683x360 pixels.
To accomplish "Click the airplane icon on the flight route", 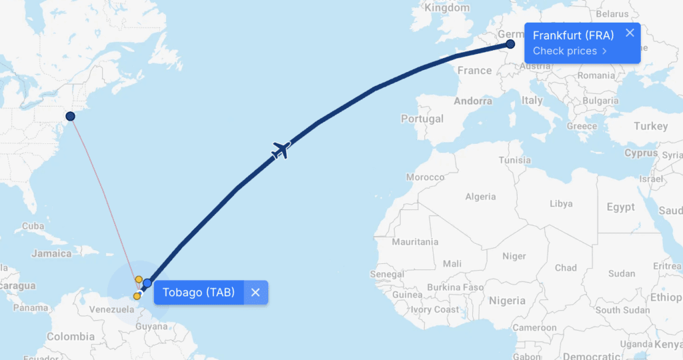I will point(282,150).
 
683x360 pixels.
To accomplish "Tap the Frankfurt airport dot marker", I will point(510,44).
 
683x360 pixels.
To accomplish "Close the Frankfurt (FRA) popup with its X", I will point(630,33).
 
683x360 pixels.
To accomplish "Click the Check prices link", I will point(570,51).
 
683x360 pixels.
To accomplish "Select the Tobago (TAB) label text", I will point(199,292).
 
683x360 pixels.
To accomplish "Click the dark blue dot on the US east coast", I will point(70,116).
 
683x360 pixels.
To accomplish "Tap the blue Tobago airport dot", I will point(147,283).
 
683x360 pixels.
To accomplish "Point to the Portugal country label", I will point(422,119).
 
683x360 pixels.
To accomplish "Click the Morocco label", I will point(425,177).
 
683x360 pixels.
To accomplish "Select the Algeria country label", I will point(480,197).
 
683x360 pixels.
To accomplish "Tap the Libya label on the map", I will point(561,203).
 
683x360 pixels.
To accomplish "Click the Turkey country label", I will point(650,126).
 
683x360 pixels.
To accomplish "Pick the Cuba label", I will point(33,226).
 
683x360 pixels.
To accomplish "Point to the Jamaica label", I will point(51,253).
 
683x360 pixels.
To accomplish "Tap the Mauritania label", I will point(415,242).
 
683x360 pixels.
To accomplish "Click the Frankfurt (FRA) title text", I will point(573,35).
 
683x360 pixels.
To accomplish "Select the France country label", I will point(474,70).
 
